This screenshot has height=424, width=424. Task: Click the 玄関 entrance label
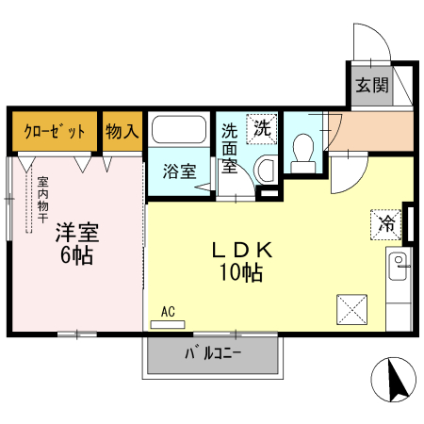[x=372, y=85]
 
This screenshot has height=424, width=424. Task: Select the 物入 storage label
[x=122, y=131]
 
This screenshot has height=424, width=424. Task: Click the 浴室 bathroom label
[x=179, y=171]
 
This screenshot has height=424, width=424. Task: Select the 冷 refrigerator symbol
[x=385, y=224]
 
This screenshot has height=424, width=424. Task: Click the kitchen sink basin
[x=400, y=261]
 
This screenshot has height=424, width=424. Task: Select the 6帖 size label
[x=76, y=255]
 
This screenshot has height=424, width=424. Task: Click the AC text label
[x=168, y=311]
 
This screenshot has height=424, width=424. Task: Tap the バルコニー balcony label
[x=212, y=355]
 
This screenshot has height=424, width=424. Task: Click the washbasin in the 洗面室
[x=265, y=171]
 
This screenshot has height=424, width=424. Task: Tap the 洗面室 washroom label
[x=229, y=149]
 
